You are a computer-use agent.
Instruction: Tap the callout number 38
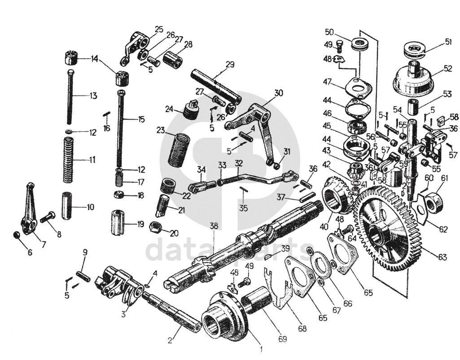point(214,226)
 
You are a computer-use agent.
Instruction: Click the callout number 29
point(230,65)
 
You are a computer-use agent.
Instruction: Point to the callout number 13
point(93,95)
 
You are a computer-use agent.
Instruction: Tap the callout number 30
point(279,93)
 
